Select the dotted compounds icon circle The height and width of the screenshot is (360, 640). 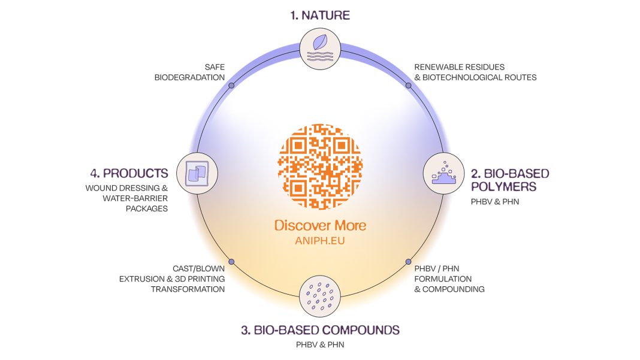point(320,295)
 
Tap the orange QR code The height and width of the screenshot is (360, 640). point(321,162)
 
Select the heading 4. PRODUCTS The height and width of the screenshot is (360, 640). point(129,174)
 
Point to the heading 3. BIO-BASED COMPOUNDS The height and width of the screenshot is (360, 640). point(320,330)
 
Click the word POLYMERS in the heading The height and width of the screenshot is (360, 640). point(503,187)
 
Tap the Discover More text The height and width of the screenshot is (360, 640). point(320,226)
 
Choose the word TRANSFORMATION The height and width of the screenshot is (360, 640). point(188,289)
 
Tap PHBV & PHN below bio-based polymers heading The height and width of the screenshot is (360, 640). point(495,202)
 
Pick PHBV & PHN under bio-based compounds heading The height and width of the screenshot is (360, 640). point(320,345)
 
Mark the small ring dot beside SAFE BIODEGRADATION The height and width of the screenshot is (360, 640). point(231,86)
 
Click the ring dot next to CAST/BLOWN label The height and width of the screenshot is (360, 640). point(231,262)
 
